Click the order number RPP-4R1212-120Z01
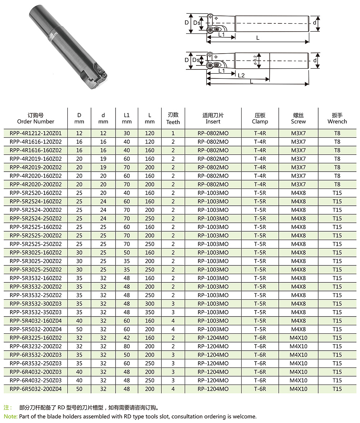tap(36, 133)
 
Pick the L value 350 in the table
tap(150, 312)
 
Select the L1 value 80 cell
tap(127, 346)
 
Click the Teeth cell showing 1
tap(173, 133)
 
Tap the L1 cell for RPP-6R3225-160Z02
tap(127, 338)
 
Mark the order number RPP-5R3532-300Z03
tap(36, 304)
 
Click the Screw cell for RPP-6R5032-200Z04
tap(298, 389)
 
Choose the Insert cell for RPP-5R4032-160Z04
tap(213, 321)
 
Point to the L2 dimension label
tap(241, 75)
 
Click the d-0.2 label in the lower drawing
tap(255, 61)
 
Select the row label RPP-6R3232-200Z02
tap(36, 346)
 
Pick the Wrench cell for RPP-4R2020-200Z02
tap(337, 184)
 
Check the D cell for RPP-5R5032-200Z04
tap(79, 329)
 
